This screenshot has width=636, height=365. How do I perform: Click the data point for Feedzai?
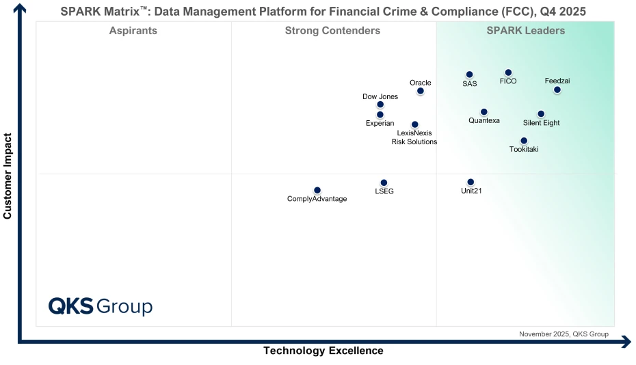pyautogui.click(x=557, y=90)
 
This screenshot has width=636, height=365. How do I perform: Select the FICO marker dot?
pyautogui.click(x=508, y=72)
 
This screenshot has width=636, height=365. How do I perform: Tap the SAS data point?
pyautogui.click(x=469, y=75)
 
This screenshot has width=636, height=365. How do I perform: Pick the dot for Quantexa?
pyautogui.click(x=483, y=111)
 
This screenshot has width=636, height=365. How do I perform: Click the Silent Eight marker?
pyautogui.click(x=540, y=114)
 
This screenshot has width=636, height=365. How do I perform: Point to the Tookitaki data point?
pyautogui.click(x=524, y=141)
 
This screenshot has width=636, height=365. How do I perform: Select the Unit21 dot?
pyautogui.click(x=471, y=182)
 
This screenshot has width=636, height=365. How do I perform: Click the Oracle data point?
pyautogui.click(x=420, y=91)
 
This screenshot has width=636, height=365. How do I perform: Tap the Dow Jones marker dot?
pyautogui.click(x=380, y=105)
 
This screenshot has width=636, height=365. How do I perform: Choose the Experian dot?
pyautogui.click(x=380, y=115)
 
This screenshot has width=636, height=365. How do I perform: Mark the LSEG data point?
pyautogui.click(x=384, y=182)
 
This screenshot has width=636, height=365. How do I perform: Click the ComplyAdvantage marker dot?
pyautogui.click(x=317, y=190)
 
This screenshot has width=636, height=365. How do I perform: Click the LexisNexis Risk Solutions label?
pyautogui.click(x=414, y=137)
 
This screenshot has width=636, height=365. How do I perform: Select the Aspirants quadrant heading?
pyautogui.click(x=133, y=31)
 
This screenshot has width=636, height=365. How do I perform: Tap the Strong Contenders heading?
pyautogui.click(x=332, y=31)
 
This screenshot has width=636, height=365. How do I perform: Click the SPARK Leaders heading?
pyautogui.click(x=525, y=31)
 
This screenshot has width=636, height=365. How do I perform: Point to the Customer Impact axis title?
pyautogui.click(x=8, y=176)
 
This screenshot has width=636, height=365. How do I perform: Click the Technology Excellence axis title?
pyautogui.click(x=323, y=351)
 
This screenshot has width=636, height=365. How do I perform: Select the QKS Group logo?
pyautogui.click(x=101, y=306)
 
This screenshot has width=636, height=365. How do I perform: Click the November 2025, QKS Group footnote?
pyautogui.click(x=564, y=334)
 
